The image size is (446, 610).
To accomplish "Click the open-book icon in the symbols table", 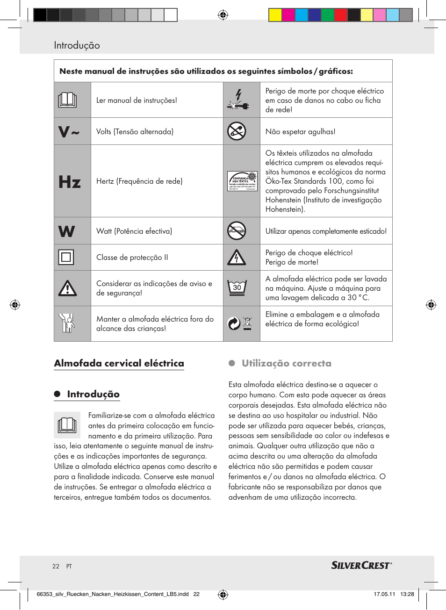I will tap(67, 100).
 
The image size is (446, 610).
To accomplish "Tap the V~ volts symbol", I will tap(69, 132).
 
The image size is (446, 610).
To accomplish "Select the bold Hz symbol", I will tap(70, 181).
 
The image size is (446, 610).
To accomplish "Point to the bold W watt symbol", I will tap(66, 231).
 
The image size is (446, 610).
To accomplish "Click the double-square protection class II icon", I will tap(66, 257).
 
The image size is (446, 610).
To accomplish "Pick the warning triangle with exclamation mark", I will tap(67, 288).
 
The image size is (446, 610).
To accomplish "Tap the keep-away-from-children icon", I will tap(67, 323).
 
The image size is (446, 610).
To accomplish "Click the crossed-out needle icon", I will tap(237, 131).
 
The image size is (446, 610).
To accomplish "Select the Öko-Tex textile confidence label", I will tap(242, 181).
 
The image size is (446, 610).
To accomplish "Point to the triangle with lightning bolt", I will tap(237, 257).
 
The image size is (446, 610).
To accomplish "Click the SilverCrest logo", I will tap(361, 566).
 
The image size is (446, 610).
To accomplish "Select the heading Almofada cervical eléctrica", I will tap(119, 363).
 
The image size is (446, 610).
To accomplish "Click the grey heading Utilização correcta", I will tap(286, 363).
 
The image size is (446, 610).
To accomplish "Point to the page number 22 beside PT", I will tap(56, 566).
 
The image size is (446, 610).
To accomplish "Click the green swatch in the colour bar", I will tap(328, 15).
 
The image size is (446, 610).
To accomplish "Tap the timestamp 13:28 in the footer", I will tap(407, 594).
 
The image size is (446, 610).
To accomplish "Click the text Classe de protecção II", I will tap(132, 257).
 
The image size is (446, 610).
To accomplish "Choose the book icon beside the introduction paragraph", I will tap(67, 424).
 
